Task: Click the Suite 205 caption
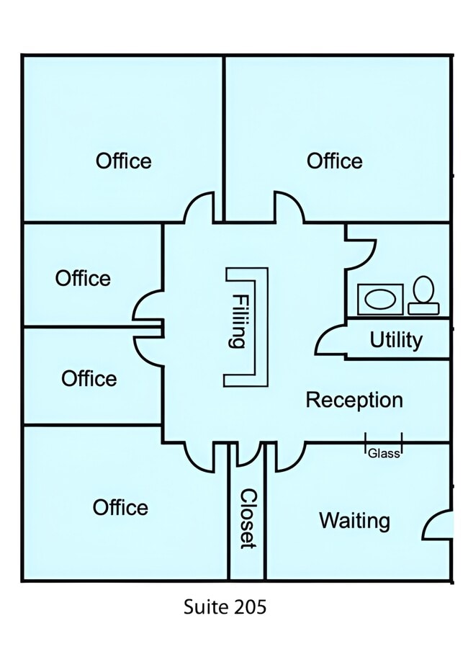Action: coord(225,607)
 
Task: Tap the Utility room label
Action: coord(396,340)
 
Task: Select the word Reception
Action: coord(354,401)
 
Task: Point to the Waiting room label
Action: coord(354,521)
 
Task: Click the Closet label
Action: coord(248,519)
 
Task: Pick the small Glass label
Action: coord(384,454)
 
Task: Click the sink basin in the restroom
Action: coord(380,300)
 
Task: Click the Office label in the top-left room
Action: coord(123,161)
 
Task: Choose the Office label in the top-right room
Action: coord(334,161)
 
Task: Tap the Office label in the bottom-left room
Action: coord(120,507)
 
